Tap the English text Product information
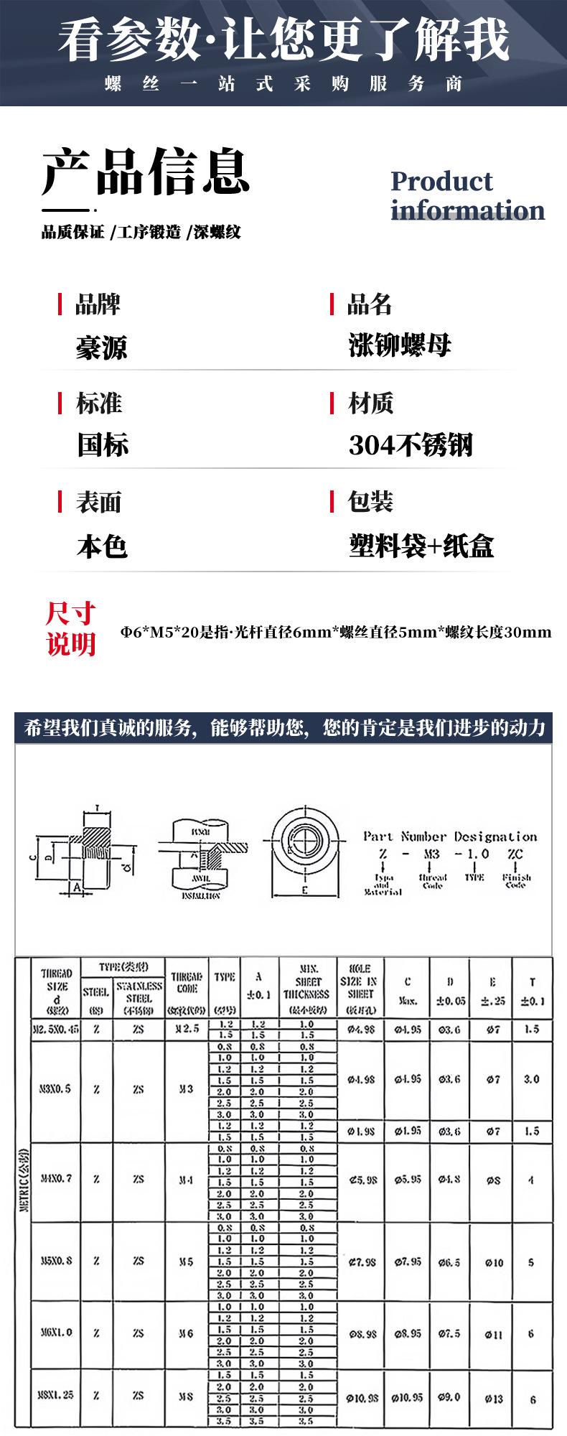click(x=467, y=195)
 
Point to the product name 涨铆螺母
click(x=400, y=346)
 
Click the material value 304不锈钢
click(x=411, y=446)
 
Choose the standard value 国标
click(x=103, y=446)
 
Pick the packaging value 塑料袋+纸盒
click(x=421, y=546)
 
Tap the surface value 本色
click(x=102, y=546)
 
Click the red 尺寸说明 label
click(x=71, y=629)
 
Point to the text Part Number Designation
click(x=450, y=836)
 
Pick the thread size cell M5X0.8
click(x=56, y=1262)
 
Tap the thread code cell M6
click(x=186, y=1333)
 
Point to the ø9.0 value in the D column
click(x=450, y=1398)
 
